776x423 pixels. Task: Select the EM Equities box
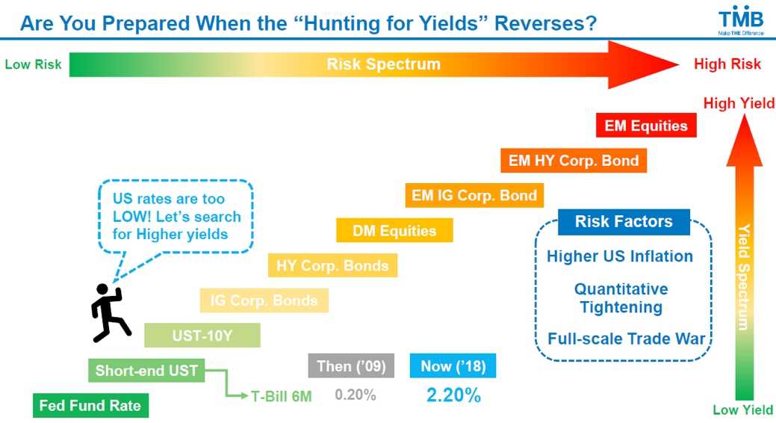646,126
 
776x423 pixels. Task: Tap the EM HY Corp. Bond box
574,161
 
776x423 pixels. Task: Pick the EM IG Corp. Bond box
474,195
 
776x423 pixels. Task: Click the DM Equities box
394,230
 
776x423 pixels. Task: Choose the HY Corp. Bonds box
332,265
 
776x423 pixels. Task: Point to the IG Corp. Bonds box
264,300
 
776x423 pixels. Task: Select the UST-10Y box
202,336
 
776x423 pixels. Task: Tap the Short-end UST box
146,371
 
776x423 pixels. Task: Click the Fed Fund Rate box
90,406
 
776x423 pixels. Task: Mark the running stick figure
109,313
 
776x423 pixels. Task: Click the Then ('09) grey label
351,366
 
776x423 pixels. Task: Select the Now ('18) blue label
453,366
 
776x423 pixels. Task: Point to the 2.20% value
453,395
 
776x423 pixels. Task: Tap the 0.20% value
356,395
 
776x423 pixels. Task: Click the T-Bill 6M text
281,396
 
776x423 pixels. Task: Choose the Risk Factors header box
624,221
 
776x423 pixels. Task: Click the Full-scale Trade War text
626,339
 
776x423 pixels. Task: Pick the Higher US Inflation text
620,256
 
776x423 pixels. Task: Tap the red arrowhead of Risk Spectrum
642,64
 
